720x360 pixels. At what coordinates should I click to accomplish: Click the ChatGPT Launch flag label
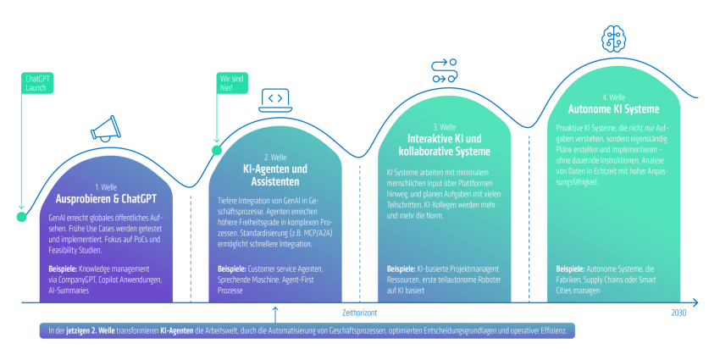(37, 83)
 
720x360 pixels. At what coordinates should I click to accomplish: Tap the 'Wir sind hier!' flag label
(232, 83)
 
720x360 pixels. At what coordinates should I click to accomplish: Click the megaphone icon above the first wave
(105, 128)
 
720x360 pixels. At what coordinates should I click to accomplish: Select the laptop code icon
(275, 100)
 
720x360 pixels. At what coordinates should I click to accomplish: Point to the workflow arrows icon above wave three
(445, 70)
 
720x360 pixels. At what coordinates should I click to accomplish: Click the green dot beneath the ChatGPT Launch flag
(21, 217)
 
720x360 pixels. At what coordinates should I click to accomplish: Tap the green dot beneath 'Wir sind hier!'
(217, 150)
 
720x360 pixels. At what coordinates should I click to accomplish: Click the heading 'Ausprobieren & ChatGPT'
(106, 199)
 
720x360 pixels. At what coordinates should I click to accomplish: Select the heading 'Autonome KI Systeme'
(613, 109)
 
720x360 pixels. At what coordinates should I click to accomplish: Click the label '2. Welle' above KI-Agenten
(275, 158)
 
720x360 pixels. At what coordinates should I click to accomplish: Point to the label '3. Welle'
(444, 127)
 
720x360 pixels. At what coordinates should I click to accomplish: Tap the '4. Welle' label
(613, 97)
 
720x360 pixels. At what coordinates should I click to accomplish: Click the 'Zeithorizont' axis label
(359, 313)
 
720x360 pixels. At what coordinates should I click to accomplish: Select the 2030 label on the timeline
(678, 313)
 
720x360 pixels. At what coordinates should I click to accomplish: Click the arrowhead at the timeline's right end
(695, 302)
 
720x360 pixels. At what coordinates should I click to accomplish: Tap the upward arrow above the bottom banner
(275, 315)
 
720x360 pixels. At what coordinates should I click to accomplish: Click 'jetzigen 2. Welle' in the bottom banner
(90, 330)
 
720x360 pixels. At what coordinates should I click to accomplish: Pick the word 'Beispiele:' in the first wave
(63, 269)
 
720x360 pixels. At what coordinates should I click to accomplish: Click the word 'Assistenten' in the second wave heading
(275, 182)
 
